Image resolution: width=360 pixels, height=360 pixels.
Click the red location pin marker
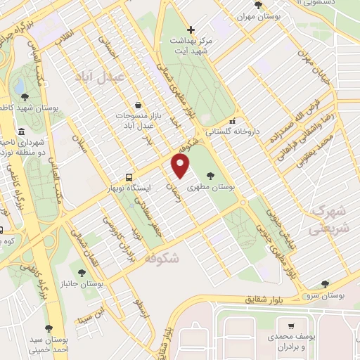point(181,167)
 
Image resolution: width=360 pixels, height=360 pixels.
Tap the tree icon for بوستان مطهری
point(212,176)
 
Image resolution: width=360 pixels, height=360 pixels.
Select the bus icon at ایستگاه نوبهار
point(128,177)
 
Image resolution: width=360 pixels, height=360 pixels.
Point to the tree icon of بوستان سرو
point(324,283)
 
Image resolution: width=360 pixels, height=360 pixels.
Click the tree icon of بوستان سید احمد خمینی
point(49,328)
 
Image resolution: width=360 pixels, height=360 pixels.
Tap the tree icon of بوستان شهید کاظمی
point(25,97)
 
